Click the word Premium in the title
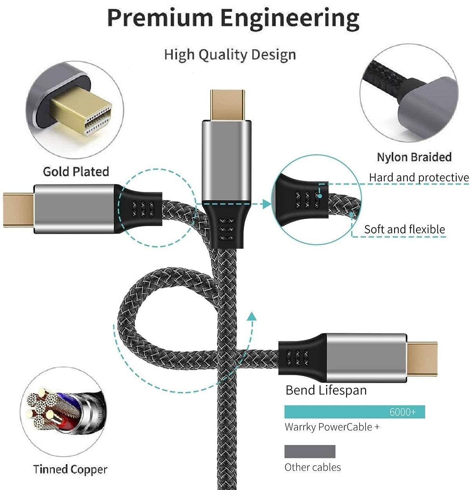[x=160, y=18]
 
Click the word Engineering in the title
[x=290, y=20]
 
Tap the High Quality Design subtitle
[x=230, y=55]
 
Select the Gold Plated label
[x=76, y=172]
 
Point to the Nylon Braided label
[x=414, y=157]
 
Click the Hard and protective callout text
[x=419, y=177]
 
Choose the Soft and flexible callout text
[x=405, y=230]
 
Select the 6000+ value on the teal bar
[x=403, y=412]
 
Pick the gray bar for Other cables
[x=310, y=452]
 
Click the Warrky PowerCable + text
[x=332, y=427]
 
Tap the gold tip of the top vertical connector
[x=227, y=105]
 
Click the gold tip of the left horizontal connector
[x=18, y=210]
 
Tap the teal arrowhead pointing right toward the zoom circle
[x=267, y=204]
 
